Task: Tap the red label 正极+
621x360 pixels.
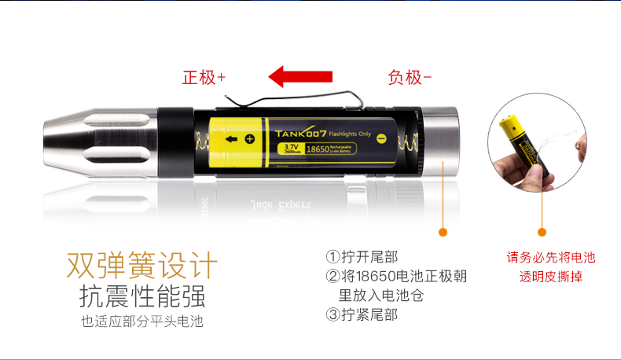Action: tap(204, 78)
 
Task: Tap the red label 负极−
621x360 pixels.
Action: tap(410, 77)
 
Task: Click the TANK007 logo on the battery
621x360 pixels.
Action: tap(297, 133)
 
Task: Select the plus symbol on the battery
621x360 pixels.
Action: tap(250, 139)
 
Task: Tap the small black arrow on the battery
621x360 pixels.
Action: tap(232, 139)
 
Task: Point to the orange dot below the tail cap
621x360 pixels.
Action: tap(443, 232)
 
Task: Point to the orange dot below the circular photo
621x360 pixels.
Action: tap(542, 232)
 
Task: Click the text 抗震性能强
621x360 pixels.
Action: tap(142, 297)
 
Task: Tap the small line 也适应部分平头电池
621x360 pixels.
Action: tap(142, 321)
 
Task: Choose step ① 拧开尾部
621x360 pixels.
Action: tap(362, 257)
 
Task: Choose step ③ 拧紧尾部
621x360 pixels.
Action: tap(362, 314)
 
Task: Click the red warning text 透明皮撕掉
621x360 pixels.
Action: tap(551, 277)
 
